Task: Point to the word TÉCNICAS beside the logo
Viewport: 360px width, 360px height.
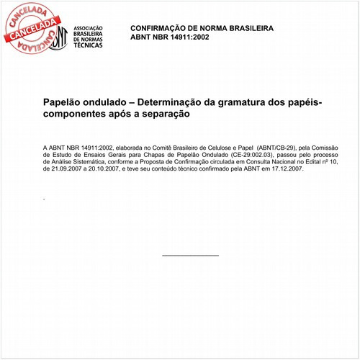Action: [88, 45]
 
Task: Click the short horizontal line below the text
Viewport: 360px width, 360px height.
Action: [190, 255]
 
